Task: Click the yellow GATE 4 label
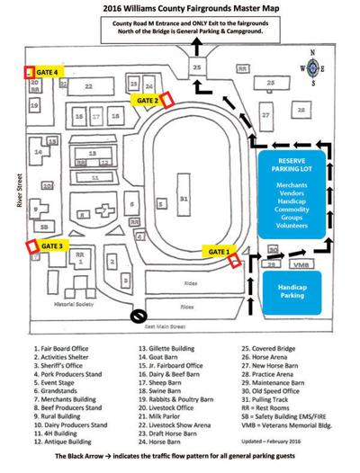[x=49, y=70]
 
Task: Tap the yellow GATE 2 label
[x=146, y=101]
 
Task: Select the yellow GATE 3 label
[x=51, y=245]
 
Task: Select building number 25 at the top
[x=196, y=67]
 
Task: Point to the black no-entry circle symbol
[x=139, y=316]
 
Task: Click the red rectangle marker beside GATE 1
[x=235, y=262]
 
